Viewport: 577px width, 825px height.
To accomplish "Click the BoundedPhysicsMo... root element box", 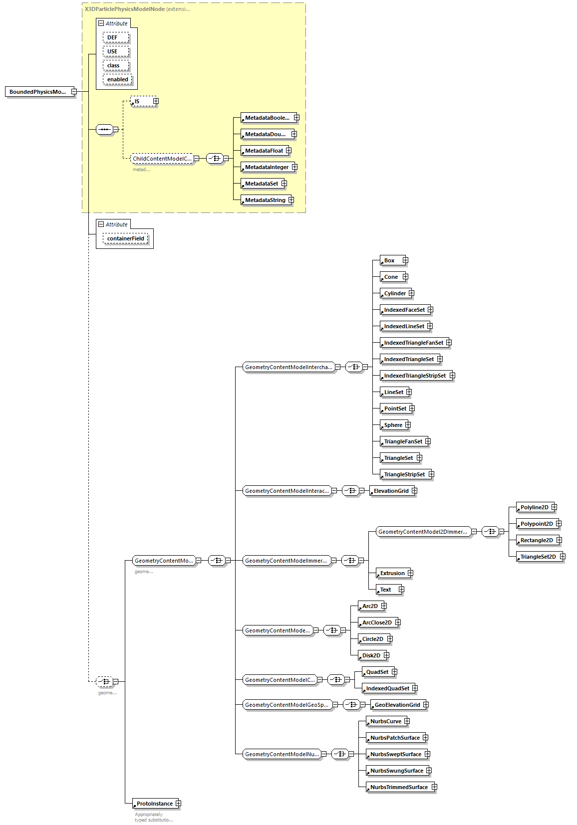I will (x=38, y=92).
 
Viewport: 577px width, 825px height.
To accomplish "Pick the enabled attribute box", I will (x=117, y=79).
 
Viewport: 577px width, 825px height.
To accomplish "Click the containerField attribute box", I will (x=125, y=238).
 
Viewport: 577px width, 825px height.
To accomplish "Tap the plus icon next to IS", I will (x=156, y=101).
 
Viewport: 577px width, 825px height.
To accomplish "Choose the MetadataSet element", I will (x=262, y=184).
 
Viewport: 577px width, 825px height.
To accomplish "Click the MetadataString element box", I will (x=265, y=200).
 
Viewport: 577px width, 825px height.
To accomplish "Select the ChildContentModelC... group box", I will (x=162, y=159).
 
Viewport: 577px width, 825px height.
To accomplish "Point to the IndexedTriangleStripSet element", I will (x=414, y=376).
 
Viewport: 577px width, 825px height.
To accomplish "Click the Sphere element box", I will (x=393, y=425).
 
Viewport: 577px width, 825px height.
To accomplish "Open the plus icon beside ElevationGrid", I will (x=414, y=491).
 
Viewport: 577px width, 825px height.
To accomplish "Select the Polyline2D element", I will (x=534, y=507).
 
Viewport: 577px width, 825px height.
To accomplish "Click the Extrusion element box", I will (x=392, y=573).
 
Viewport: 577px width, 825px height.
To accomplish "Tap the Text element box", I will (x=386, y=590).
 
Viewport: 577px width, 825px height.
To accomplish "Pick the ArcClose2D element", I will (x=376, y=622).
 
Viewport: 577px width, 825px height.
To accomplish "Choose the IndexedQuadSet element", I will (x=387, y=688).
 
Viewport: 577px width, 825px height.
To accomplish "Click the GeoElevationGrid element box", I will (x=397, y=705).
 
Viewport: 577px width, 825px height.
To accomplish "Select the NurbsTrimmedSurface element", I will (x=398, y=787).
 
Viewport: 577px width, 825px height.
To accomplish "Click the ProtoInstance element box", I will (x=154, y=804).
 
